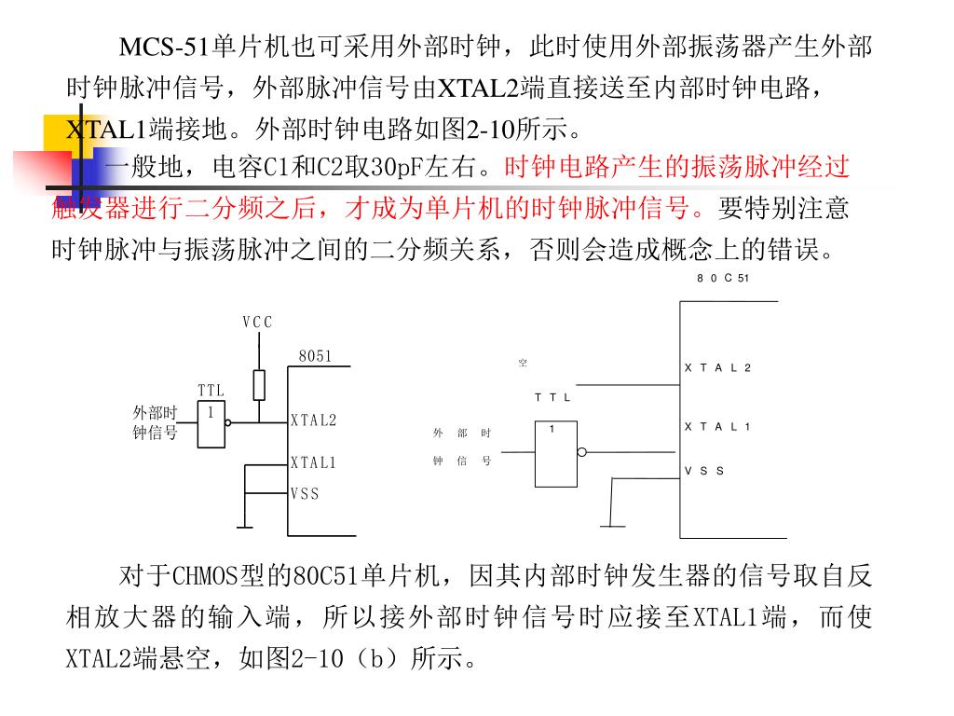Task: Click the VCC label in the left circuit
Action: pos(257,323)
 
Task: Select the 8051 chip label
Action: pos(315,356)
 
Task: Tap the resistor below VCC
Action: pos(259,384)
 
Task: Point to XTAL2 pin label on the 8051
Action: pos(313,420)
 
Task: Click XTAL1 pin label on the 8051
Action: pos(313,462)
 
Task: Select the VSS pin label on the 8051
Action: pos(305,494)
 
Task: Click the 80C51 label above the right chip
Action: pos(723,279)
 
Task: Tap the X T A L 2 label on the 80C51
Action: pos(717,368)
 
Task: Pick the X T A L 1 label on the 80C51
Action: pos(717,427)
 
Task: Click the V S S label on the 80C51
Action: pos(704,472)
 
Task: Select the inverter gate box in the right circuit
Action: pos(556,453)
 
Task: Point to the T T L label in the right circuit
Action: pos(552,398)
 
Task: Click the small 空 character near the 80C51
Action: pos(523,363)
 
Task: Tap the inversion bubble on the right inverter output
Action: pos(582,453)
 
